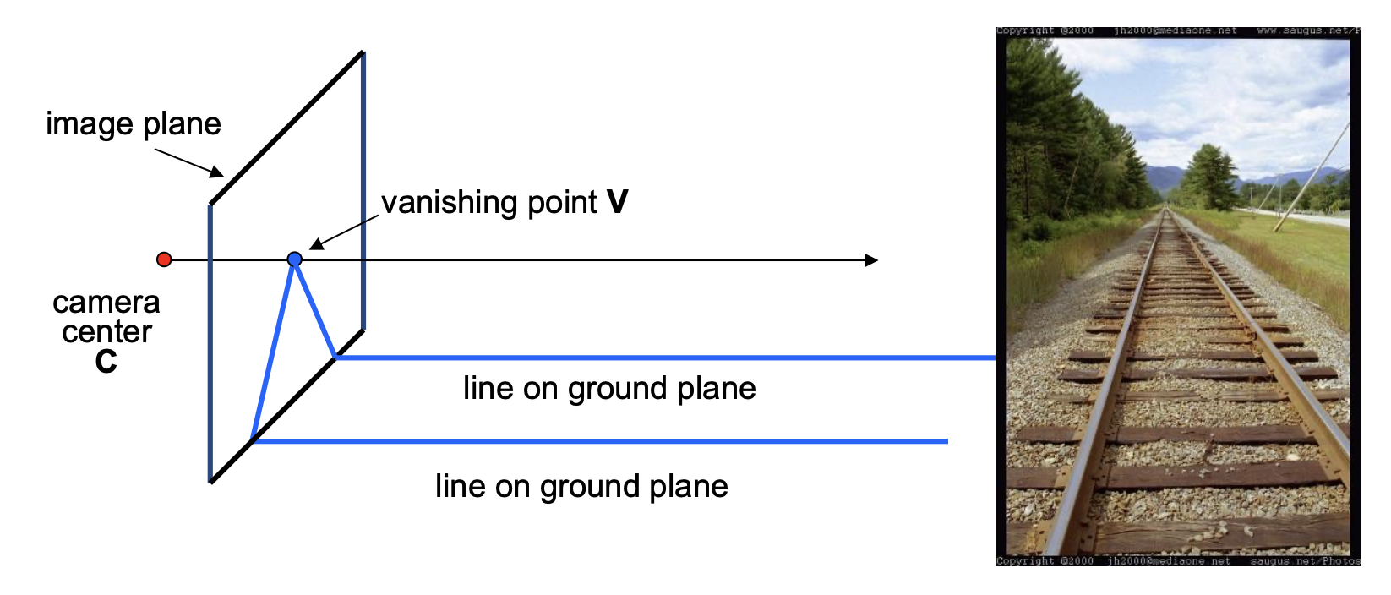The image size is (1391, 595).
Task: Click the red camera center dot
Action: (x=164, y=259)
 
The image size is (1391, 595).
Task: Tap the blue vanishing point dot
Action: (x=294, y=259)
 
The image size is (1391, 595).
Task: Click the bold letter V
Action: (x=617, y=202)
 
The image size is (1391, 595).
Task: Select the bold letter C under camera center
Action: (x=106, y=362)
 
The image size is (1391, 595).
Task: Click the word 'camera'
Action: (x=106, y=303)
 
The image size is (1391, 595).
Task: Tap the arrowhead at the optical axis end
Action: (x=871, y=260)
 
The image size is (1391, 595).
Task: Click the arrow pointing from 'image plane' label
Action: (x=188, y=163)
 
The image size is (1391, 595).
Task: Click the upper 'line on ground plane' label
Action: (x=608, y=388)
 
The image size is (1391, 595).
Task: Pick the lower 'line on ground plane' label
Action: (x=581, y=486)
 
